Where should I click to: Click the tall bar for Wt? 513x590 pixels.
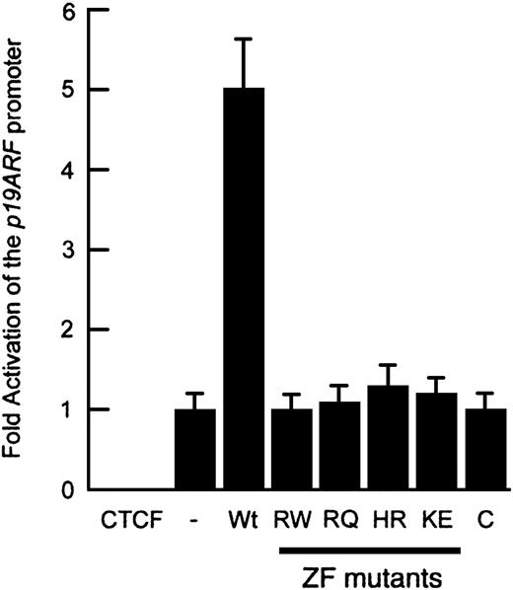[244, 289]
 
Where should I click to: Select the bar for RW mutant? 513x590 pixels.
[292, 449]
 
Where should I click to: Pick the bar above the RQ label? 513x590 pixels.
[340, 446]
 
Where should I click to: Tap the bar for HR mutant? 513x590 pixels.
[388, 438]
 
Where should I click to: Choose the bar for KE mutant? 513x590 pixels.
[437, 441]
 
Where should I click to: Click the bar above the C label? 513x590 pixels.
[486, 449]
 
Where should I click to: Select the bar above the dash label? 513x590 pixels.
[195, 449]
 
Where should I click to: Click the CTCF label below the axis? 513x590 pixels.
[131, 520]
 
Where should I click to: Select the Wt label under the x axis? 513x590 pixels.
[243, 520]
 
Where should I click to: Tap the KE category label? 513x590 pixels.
[437, 520]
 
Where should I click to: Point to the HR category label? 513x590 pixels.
[389, 520]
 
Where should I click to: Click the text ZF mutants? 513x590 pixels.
[372, 576]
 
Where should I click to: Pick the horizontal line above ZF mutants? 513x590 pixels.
[370, 551]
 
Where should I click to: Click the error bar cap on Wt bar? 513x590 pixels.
[244, 38]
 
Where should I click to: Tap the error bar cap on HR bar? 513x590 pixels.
[388, 365]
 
